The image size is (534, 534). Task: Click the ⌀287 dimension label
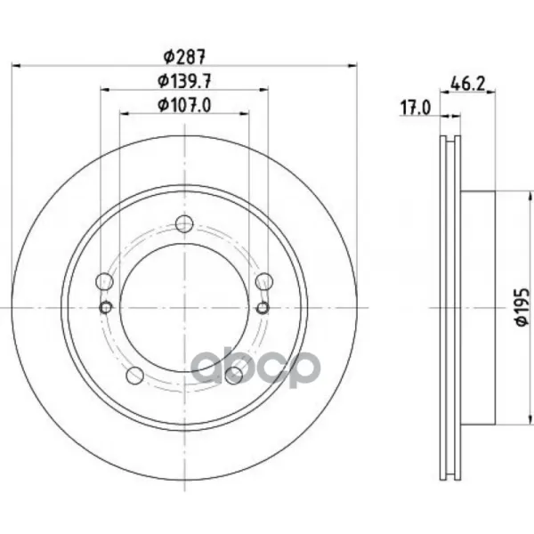click(x=184, y=57)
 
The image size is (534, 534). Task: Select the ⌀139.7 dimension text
click(x=184, y=81)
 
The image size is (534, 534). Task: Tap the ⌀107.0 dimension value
click(x=184, y=104)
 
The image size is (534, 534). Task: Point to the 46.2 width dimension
click(x=467, y=84)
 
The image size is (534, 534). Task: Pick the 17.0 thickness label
click(x=416, y=108)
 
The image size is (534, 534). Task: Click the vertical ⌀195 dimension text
click(x=522, y=308)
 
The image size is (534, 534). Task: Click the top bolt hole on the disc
click(x=184, y=223)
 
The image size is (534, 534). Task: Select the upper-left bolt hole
click(x=104, y=281)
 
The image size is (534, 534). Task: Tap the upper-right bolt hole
click(x=264, y=281)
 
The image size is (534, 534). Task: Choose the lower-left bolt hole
click(x=135, y=376)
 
